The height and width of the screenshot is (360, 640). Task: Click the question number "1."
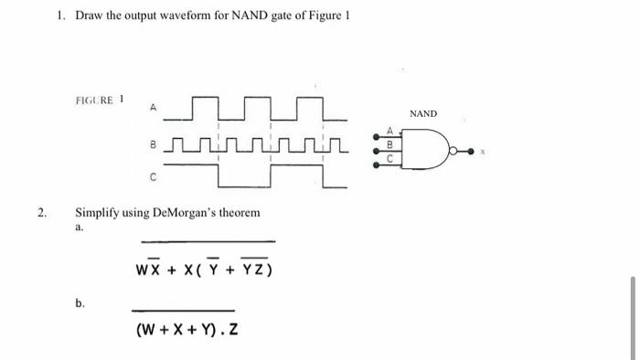[x=60, y=16]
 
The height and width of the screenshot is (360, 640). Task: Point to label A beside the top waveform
[x=154, y=109]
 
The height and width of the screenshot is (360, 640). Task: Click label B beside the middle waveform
[x=154, y=143]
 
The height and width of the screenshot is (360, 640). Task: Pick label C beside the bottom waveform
[x=154, y=177]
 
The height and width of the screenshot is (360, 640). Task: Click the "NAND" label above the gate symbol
[x=423, y=113]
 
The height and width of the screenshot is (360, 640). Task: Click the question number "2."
[x=41, y=212]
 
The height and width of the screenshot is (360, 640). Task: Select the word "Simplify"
[x=98, y=213]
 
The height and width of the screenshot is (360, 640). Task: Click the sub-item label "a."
[x=80, y=228]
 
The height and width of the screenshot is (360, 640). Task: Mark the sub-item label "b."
[x=80, y=302]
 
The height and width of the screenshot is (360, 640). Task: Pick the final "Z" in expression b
[x=234, y=329]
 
